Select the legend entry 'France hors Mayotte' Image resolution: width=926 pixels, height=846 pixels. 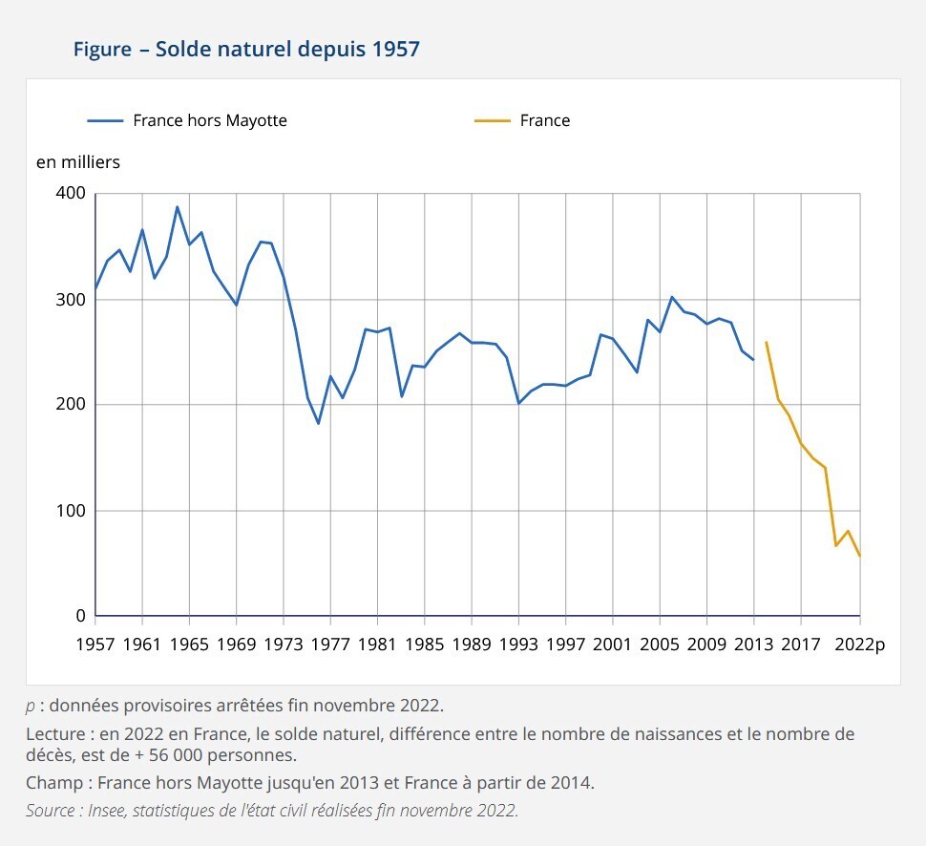[209, 120]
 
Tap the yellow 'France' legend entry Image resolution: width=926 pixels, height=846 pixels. [544, 120]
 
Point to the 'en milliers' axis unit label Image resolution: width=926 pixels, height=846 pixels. [78, 162]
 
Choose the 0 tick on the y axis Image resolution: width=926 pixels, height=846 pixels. [80, 616]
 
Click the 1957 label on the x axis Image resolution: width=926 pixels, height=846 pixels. [95, 644]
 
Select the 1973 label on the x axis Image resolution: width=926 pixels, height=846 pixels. [284, 644]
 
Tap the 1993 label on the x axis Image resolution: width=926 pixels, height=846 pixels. [518, 644]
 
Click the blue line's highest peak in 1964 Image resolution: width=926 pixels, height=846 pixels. [178, 207]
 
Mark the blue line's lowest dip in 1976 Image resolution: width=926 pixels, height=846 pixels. [319, 423]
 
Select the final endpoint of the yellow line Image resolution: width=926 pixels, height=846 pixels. [860, 556]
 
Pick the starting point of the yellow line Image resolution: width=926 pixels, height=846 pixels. [766, 342]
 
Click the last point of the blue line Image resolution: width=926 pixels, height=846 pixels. [754, 360]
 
